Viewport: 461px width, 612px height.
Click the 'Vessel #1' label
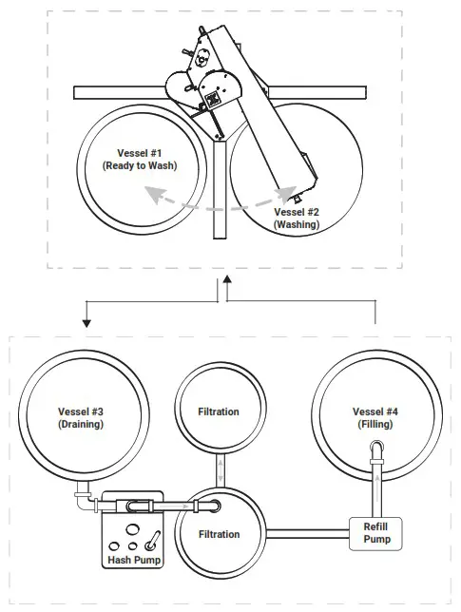click(x=140, y=152)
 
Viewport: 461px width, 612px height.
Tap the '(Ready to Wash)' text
click(x=140, y=165)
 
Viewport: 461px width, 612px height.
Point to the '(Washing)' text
click(x=297, y=225)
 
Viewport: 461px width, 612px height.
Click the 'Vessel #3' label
click(x=80, y=411)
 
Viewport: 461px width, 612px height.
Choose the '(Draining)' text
click(x=80, y=424)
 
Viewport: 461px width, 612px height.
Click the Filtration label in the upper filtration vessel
click(x=219, y=411)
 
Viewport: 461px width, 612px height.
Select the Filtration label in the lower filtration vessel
click(x=219, y=534)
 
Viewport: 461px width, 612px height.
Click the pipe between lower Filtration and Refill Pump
click(x=305, y=528)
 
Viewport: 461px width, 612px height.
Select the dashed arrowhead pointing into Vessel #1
click(x=150, y=193)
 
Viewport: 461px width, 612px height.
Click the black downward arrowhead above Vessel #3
click(x=86, y=322)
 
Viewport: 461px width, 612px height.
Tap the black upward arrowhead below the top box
click(x=226, y=282)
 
